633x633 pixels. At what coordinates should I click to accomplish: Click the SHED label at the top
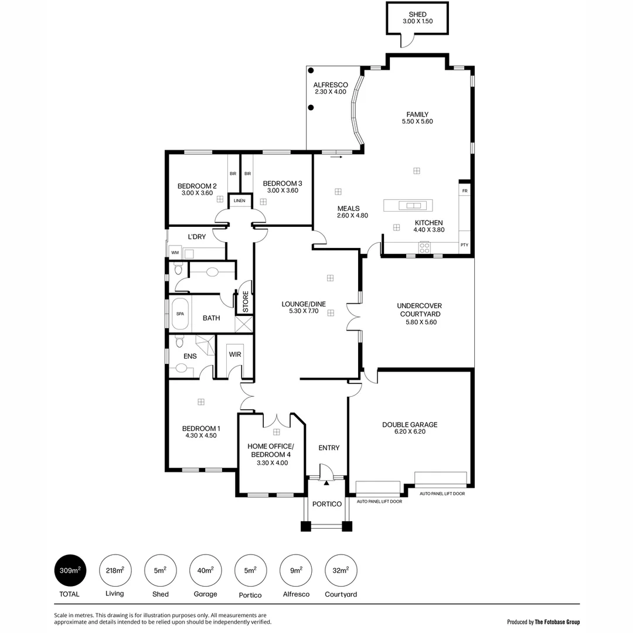click(x=417, y=14)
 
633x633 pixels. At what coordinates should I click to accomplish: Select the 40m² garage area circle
click(x=205, y=570)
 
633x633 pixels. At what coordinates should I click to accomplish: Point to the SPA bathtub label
click(x=180, y=314)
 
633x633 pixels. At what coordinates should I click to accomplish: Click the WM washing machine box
click(x=175, y=253)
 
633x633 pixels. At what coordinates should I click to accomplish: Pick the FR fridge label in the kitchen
click(x=465, y=191)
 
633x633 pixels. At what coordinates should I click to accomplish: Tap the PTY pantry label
click(x=464, y=245)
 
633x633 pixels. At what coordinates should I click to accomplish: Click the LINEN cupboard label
click(x=239, y=201)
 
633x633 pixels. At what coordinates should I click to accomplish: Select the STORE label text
click(x=246, y=301)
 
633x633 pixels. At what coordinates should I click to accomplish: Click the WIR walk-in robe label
click(x=234, y=355)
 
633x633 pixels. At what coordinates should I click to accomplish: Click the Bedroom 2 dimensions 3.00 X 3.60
click(x=197, y=193)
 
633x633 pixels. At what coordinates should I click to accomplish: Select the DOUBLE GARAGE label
click(x=410, y=425)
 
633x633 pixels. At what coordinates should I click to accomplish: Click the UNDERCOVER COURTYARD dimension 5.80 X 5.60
click(x=419, y=322)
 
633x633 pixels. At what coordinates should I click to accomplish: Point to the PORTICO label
click(x=326, y=504)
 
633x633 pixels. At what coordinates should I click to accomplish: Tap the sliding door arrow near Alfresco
click(x=336, y=157)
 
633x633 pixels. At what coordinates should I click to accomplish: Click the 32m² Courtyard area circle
click(x=341, y=570)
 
